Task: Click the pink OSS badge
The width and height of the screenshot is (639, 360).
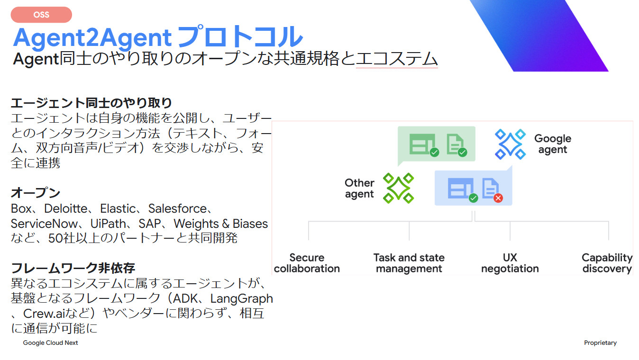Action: tap(41, 15)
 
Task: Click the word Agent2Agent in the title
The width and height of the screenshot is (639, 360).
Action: tap(92, 38)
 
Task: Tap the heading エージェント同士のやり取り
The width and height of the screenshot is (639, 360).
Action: tap(91, 102)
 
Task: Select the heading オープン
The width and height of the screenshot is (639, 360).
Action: tap(36, 193)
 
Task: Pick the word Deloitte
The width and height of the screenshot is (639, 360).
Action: tap(66, 208)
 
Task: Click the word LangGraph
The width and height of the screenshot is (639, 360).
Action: tap(242, 298)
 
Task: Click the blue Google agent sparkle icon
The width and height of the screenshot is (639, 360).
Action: tap(510, 144)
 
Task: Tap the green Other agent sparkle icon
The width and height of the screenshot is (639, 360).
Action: tap(398, 188)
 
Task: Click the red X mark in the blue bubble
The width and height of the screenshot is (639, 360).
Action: tap(498, 198)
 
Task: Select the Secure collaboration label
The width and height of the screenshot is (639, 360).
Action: tap(307, 263)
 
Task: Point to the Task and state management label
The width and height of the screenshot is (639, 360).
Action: tap(409, 263)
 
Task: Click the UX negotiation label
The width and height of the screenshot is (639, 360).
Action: tap(510, 263)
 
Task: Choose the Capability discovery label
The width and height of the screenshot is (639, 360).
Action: tap(607, 263)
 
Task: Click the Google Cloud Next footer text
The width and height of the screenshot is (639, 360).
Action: tap(51, 342)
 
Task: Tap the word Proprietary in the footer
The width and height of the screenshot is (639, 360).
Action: tap(600, 342)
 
